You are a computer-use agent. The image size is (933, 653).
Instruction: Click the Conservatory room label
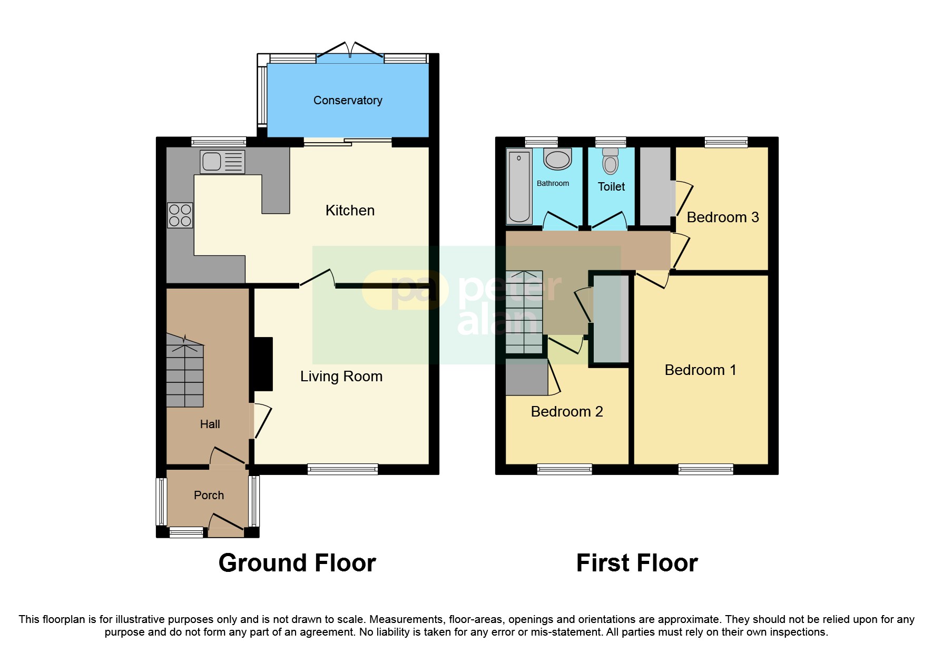pyautogui.click(x=348, y=100)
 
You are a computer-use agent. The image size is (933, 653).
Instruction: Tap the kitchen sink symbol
pyautogui.click(x=222, y=162)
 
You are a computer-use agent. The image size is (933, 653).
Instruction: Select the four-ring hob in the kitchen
pyautogui.click(x=180, y=215)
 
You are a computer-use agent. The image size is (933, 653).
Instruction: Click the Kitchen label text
pyautogui.click(x=350, y=211)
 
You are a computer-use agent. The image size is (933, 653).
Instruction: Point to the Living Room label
pyautogui.click(x=341, y=377)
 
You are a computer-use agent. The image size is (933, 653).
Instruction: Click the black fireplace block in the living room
pyautogui.click(x=263, y=364)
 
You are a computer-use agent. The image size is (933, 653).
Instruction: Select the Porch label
pyautogui.click(x=209, y=495)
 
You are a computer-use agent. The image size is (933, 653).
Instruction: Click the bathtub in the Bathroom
pyautogui.click(x=519, y=186)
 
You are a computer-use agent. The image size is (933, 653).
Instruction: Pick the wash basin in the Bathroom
pyautogui.click(x=557, y=159)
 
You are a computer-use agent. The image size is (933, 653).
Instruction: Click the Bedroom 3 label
pyautogui.click(x=723, y=217)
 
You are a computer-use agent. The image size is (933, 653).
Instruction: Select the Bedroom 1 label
pyautogui.click(x=700, y=370)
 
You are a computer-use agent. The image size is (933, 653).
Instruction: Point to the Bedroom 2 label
pyautogui.click(x=567, y=412)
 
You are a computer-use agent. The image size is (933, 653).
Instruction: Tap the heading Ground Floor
pyautogui.click(x=297, y=563)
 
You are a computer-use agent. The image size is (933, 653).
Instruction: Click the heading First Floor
pyautogui.click(x=637, y=563)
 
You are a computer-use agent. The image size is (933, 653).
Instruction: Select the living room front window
pyautogui.click(x=342, y=469)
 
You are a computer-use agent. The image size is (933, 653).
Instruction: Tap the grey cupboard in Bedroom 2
pyautogui.click(x=526, y=377)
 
